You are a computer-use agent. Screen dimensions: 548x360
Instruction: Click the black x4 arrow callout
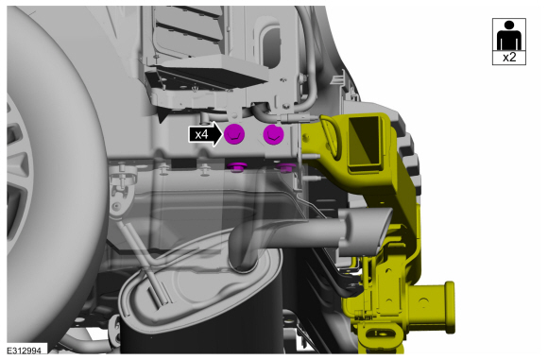[205, 134]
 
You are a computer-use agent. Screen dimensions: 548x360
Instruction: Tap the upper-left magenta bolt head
[234, 134]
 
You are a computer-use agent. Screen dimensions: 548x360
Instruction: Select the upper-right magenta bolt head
[274, 134]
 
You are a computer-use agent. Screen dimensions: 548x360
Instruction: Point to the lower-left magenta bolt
[236, 166]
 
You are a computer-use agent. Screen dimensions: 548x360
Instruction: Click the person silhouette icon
[509, 35]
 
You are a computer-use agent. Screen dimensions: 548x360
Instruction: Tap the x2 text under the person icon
[509, 58]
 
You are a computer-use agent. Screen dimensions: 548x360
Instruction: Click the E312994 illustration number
[25, 351]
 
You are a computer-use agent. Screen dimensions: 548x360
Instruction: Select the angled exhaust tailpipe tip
[366, 231]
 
